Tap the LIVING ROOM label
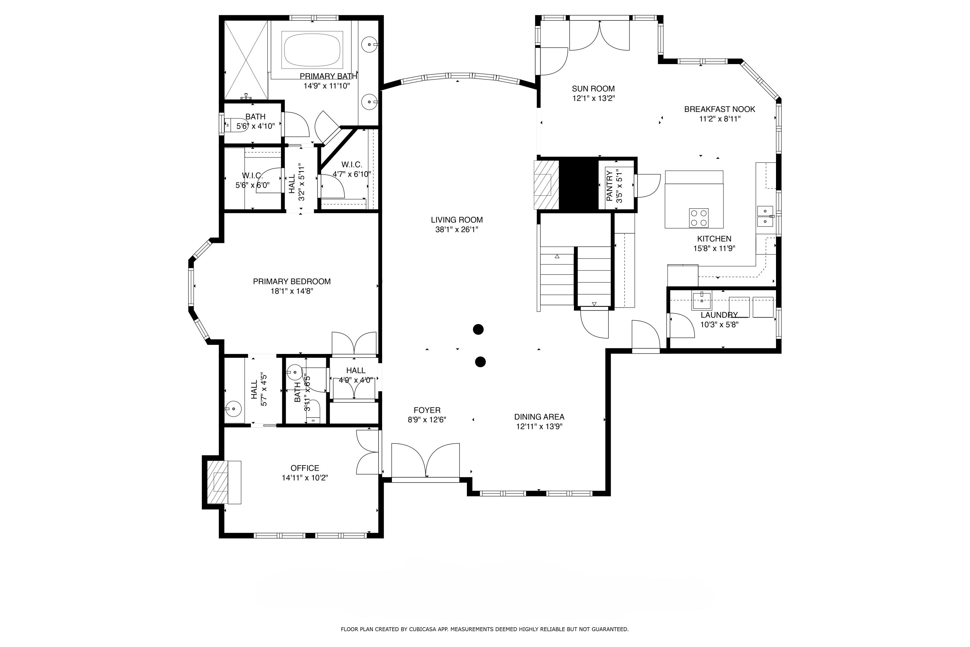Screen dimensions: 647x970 point(457,220)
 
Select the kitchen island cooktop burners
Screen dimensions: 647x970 point(699,217)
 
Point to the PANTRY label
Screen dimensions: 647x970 point(609,186)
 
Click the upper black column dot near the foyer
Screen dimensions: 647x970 point(478,329)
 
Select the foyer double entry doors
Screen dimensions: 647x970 point(425,461)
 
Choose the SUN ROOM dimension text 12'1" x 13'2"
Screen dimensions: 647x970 point(593,98)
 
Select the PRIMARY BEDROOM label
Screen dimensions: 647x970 point(292,281)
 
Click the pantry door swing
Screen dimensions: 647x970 point(648,185)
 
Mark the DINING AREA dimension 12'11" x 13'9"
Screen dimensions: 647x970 point(539,427)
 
